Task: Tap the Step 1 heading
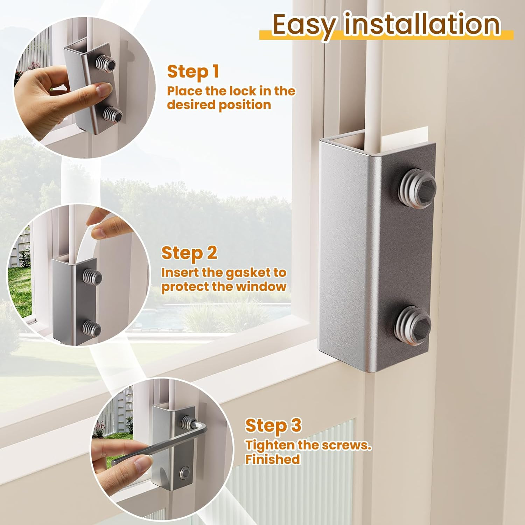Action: tap(193, 72)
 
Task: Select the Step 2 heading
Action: tap(189, 253)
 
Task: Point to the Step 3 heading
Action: tap(273, 426)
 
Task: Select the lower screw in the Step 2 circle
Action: tap(92, 329)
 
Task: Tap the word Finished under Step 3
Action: tap(273, 459)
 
